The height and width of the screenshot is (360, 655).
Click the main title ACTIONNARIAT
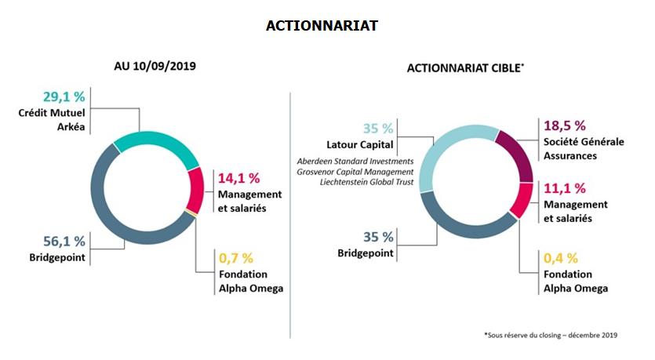pos(322,26)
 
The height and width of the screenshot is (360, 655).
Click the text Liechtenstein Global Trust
pos(366,182)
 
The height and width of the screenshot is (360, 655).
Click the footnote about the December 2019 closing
pos(550,335)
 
